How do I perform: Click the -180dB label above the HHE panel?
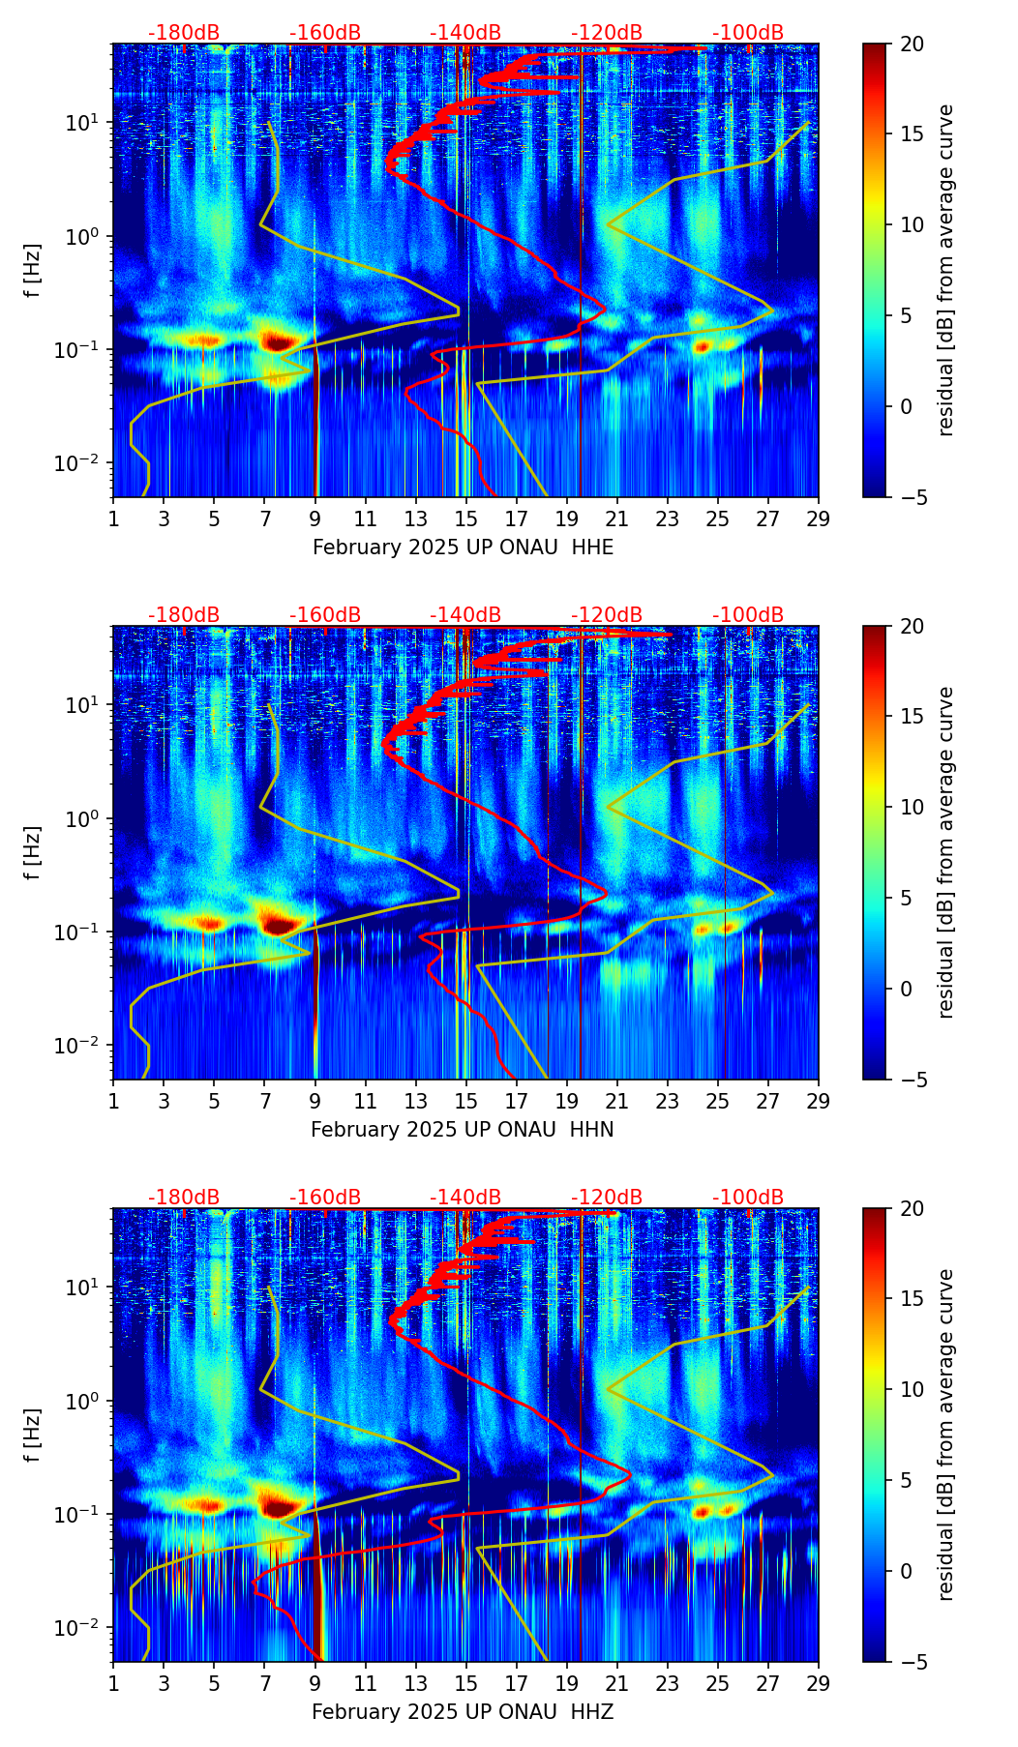184,33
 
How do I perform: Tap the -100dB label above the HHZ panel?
748,1198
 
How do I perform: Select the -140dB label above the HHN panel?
465,615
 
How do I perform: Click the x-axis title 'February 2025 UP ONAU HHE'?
463,548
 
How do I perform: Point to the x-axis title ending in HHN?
463,1130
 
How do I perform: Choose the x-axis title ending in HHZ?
463,1712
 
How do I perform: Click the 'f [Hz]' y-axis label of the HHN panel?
33,852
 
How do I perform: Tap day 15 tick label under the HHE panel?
466,518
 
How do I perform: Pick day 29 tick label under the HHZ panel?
819,1683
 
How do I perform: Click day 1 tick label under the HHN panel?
113,1101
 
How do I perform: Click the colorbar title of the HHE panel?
945,270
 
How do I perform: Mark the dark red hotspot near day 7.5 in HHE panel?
279,341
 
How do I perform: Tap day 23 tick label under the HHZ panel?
668,1683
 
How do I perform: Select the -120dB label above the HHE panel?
607,33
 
